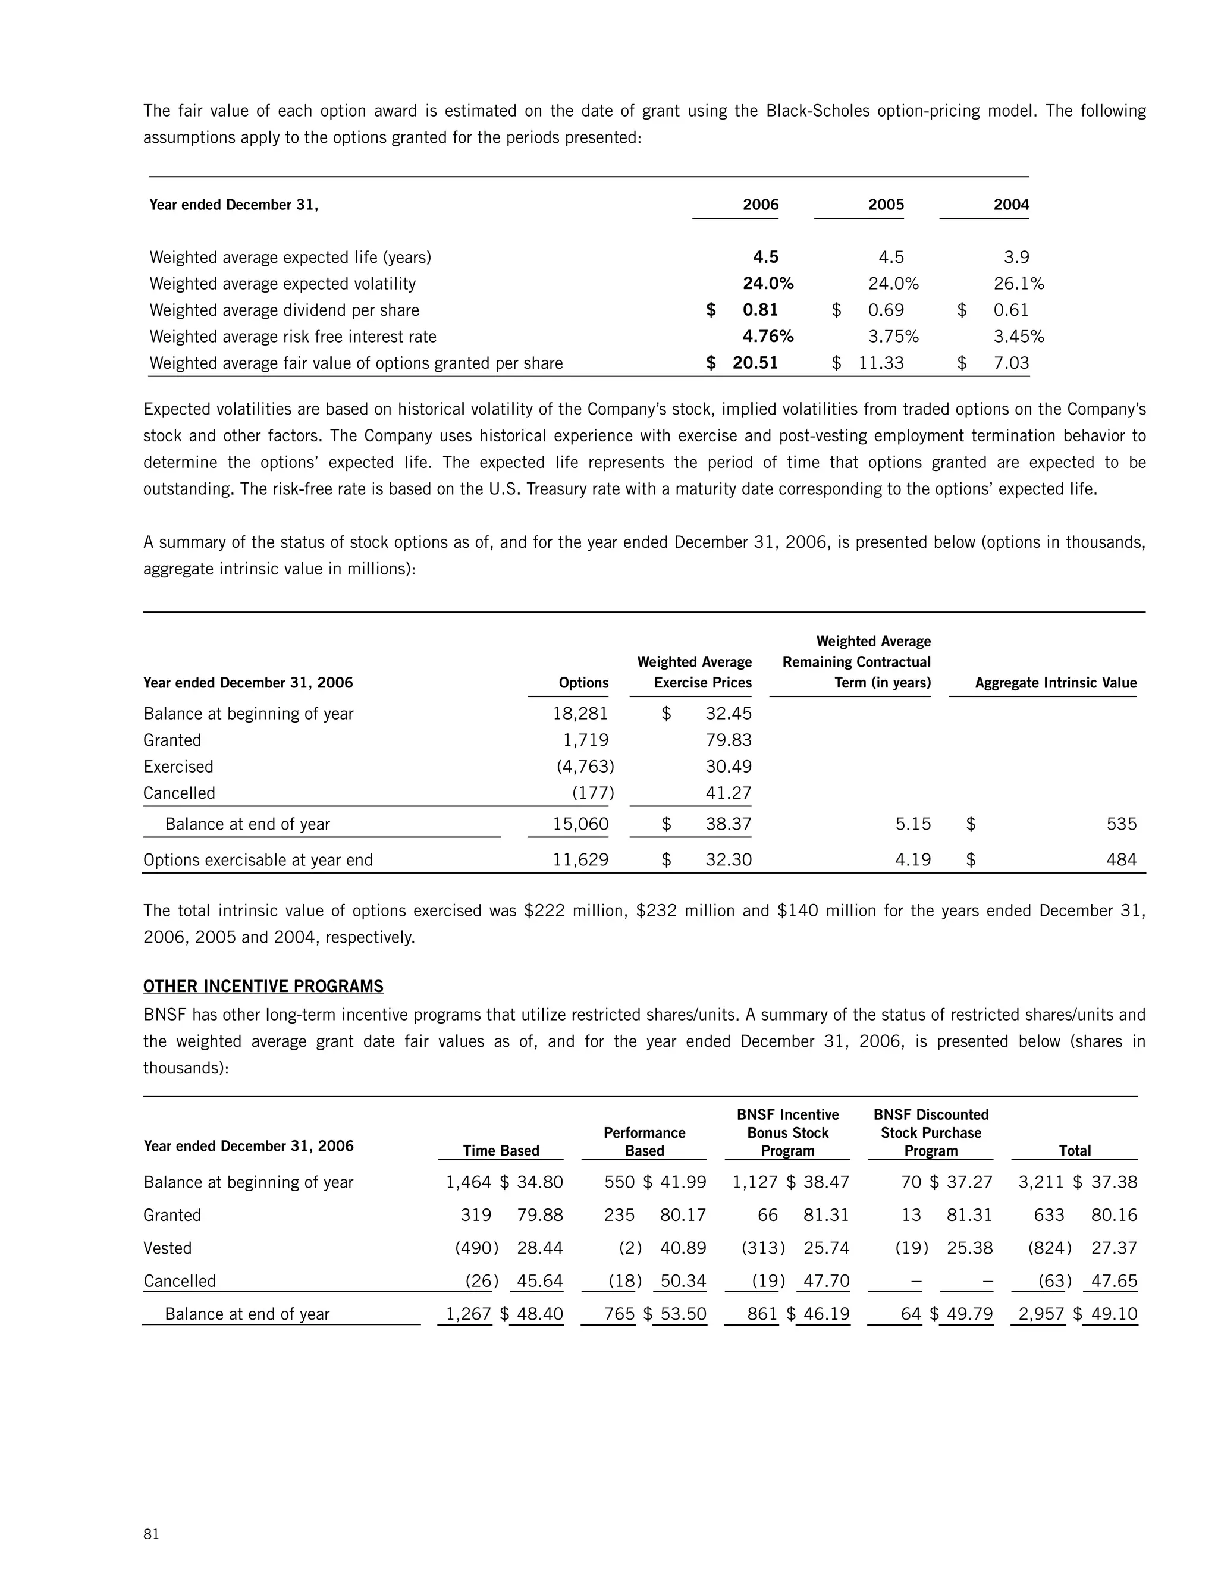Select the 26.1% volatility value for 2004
pos(1018,284)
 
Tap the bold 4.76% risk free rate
pos(768,336)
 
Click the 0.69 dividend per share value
pos(886,310)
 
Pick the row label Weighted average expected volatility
pos(282,284)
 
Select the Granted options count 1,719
pos(585,740)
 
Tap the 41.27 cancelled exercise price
pos(728,793)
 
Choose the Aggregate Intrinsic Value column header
pos(1055,683)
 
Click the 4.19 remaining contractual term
pos(912,859)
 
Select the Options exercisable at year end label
pos(258,859)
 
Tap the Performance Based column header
pos(643,1142)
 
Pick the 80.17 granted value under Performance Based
pos(683,1215)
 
